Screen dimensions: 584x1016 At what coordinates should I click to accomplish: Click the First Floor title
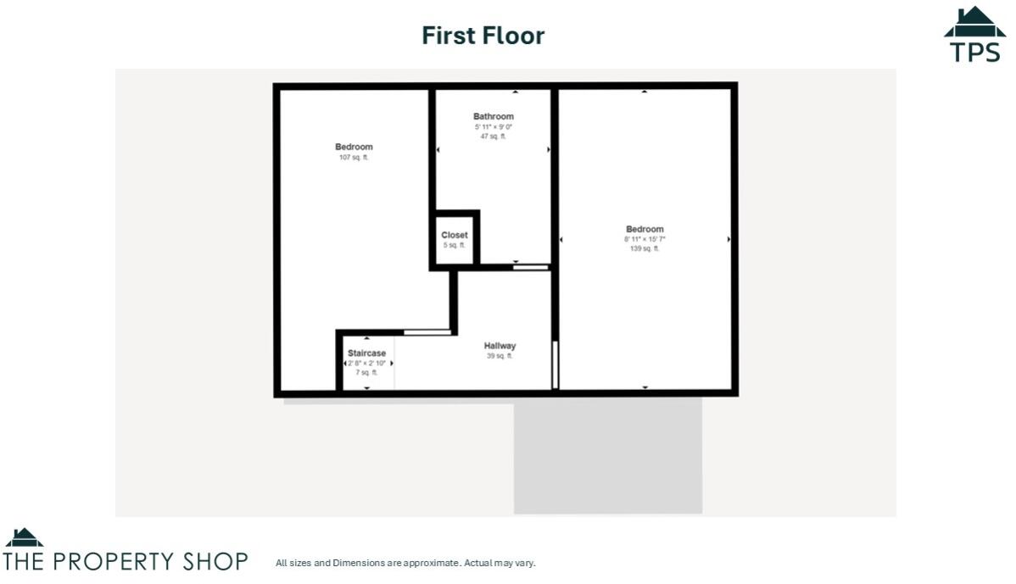click(483, 36)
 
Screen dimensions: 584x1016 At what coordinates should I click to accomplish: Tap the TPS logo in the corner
click(974, 35)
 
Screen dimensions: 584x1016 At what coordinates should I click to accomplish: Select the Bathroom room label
click(493, 116)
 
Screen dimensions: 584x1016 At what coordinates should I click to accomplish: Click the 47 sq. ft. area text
click(493, 136)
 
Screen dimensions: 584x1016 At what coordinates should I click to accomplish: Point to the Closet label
click(455, 235)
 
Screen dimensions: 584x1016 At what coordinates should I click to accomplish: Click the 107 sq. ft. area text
click(354, 158)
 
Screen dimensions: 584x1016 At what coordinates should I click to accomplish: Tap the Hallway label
click(500, 346)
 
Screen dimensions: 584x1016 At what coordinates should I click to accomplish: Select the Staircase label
click(366, 353)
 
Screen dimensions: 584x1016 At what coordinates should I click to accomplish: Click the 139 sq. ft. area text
click(645, 249)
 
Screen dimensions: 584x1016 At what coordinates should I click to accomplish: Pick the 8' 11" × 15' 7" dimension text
click(645, 239)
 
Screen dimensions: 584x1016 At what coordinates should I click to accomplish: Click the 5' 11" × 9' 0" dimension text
click(493, 126)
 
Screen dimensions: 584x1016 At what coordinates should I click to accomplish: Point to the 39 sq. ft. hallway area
click(500, 356)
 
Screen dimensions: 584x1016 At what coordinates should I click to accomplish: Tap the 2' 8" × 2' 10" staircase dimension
click(366, 363)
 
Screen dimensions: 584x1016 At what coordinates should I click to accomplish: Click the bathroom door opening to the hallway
click(531, 267)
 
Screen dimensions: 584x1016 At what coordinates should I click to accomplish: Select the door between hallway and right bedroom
click(555, 364)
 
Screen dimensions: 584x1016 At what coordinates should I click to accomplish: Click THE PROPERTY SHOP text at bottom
click(126, 561)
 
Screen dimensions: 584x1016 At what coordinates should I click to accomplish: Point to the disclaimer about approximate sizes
click(405, 563)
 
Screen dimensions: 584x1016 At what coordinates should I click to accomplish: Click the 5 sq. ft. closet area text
click(455, 245)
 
